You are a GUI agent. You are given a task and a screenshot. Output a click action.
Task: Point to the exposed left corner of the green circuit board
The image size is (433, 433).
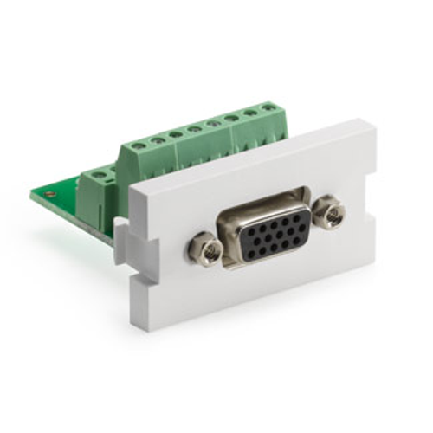[x=35, y=195]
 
